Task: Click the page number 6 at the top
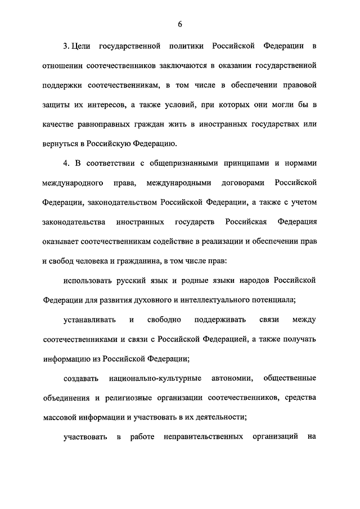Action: pos(180,23)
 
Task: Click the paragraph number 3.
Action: pos(65,44)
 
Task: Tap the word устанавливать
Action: pos(89,320)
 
